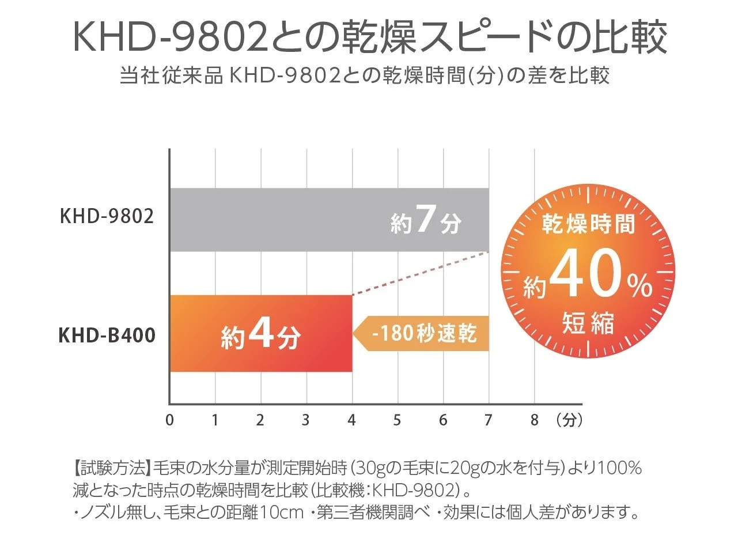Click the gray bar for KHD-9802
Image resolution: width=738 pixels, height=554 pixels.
pos(277,220)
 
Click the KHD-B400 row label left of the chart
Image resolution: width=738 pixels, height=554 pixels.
pos(107,335)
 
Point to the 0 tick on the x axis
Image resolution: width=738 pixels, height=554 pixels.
pos(169,420)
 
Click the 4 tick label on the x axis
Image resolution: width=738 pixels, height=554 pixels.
pos(351,420)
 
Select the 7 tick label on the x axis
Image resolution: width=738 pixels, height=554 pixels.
pos(489,420)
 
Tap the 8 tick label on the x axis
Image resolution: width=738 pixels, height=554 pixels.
pos(534,420)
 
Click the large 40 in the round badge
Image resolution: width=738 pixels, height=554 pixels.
pos(585,277)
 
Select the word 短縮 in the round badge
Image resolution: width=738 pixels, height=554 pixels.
pos(588,323)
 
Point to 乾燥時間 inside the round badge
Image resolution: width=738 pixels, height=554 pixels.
pos(588,224)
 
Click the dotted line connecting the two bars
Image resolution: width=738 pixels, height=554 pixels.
pos(421,274)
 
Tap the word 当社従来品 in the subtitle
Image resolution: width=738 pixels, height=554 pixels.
pos(171,76)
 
